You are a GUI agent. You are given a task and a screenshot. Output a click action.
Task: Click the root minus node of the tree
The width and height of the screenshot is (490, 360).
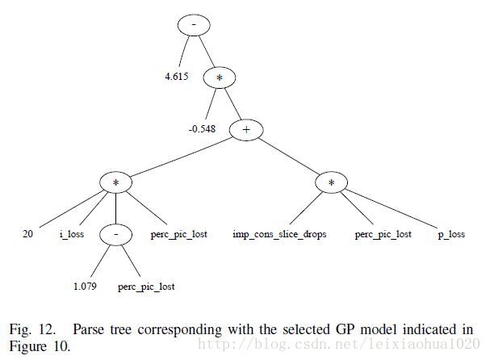coord(194,25)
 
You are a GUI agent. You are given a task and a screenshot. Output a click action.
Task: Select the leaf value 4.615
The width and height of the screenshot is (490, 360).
coord(177,76)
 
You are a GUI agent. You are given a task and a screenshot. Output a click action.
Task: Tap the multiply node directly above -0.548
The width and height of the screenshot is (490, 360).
coord(220,77)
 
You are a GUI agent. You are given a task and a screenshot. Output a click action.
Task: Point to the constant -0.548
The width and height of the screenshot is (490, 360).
coord(202,129)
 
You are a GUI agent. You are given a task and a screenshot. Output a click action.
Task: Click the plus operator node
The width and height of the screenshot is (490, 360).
coord(246,130)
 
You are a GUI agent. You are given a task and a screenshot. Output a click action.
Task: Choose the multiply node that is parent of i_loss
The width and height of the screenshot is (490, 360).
coord(116,182)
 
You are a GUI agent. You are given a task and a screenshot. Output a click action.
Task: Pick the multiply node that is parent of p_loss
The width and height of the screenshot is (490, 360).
coord(331,182)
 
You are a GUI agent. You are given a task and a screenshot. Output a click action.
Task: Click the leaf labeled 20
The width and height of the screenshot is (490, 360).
coord(27,234)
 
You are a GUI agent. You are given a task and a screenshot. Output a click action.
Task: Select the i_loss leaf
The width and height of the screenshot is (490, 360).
coord(72,234)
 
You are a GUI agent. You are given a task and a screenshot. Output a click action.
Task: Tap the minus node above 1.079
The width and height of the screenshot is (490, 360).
coord(116,235)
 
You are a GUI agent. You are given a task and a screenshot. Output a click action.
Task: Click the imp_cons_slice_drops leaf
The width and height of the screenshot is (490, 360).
coord(279,234)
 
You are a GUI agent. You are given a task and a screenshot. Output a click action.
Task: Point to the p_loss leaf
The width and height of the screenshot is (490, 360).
coord(451,235)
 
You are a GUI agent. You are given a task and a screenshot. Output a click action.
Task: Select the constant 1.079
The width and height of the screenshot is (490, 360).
coord(85,287)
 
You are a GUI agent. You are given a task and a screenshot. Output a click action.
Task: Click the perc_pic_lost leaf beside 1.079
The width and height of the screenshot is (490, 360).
coord(146,287)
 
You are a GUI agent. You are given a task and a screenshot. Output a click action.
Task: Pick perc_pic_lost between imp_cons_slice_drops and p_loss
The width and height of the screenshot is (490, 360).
coord(383,235)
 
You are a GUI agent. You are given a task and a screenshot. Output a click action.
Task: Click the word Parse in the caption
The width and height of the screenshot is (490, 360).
coord(89,329)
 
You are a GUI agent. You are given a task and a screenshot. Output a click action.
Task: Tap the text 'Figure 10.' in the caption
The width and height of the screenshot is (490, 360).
coord(40,346)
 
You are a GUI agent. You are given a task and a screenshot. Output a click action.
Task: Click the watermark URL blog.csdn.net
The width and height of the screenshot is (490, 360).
coord(339,344)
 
